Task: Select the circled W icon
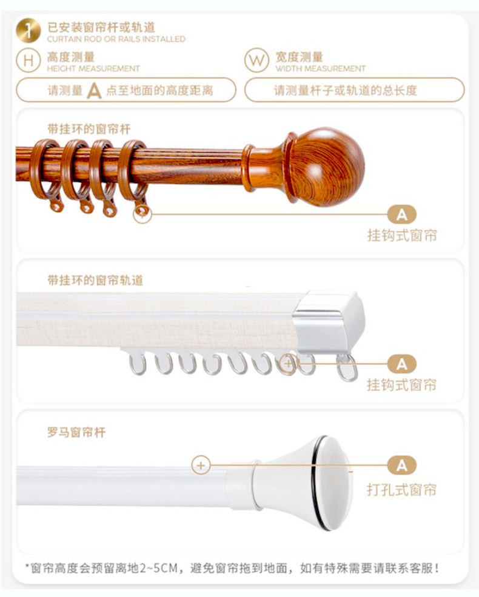(256, 61)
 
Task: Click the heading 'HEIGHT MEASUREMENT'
(93, 69)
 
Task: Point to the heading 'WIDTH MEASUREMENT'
(320, 69)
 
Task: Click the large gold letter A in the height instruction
(94, 91)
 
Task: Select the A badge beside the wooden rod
(402, 214)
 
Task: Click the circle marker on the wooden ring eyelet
(142, 213)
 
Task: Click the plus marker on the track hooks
(289, 364)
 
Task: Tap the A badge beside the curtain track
(402, 364)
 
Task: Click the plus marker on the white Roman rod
(201, 465)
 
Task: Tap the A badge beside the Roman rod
(402, 465)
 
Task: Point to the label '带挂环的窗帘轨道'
(95, 281)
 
